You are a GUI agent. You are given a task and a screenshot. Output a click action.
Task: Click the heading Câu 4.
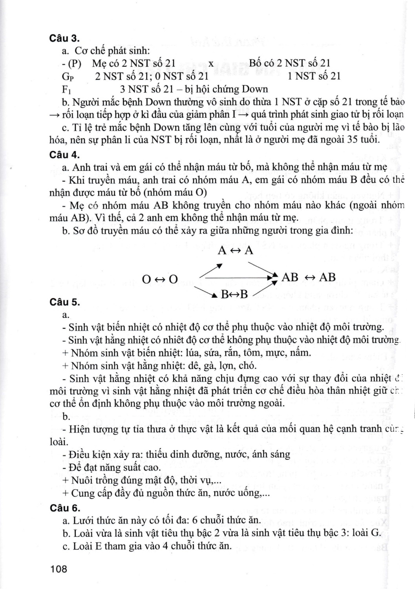coord(65,154)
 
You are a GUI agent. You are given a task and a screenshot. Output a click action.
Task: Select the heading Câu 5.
coord(65,302)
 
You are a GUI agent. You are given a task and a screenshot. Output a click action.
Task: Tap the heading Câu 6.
coord(65,508)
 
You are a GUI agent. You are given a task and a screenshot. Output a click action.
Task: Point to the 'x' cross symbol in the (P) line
coord(211,63)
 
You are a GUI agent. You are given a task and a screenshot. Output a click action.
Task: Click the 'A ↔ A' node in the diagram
coord(236,250)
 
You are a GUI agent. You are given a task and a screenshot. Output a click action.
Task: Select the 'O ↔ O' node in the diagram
coord(160,279)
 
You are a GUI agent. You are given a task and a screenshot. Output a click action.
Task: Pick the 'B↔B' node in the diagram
coord(234,294)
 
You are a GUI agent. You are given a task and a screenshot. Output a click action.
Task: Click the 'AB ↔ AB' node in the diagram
coord(309,277)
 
